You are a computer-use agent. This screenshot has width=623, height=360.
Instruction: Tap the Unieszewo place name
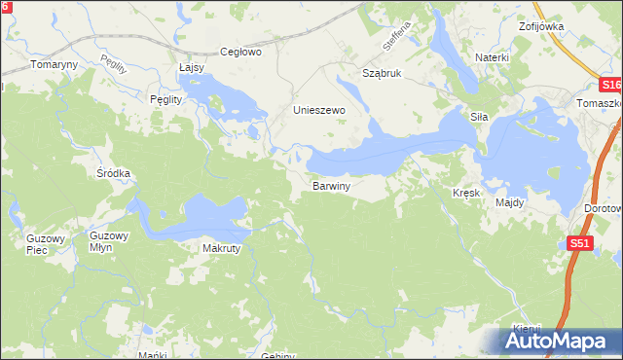click(320, 111)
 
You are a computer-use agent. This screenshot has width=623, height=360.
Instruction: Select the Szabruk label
click(382, 74)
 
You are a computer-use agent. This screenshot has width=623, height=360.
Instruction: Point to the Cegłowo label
click(241, 53)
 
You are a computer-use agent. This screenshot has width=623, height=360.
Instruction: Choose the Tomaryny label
click(54, 64)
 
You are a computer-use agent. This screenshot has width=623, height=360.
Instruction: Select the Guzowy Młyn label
click(108, 241)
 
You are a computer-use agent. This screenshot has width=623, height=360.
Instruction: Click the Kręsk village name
click(467, 194)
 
